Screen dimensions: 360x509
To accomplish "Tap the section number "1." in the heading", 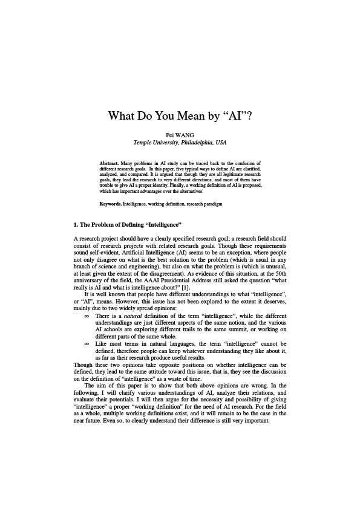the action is click(76, 225).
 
